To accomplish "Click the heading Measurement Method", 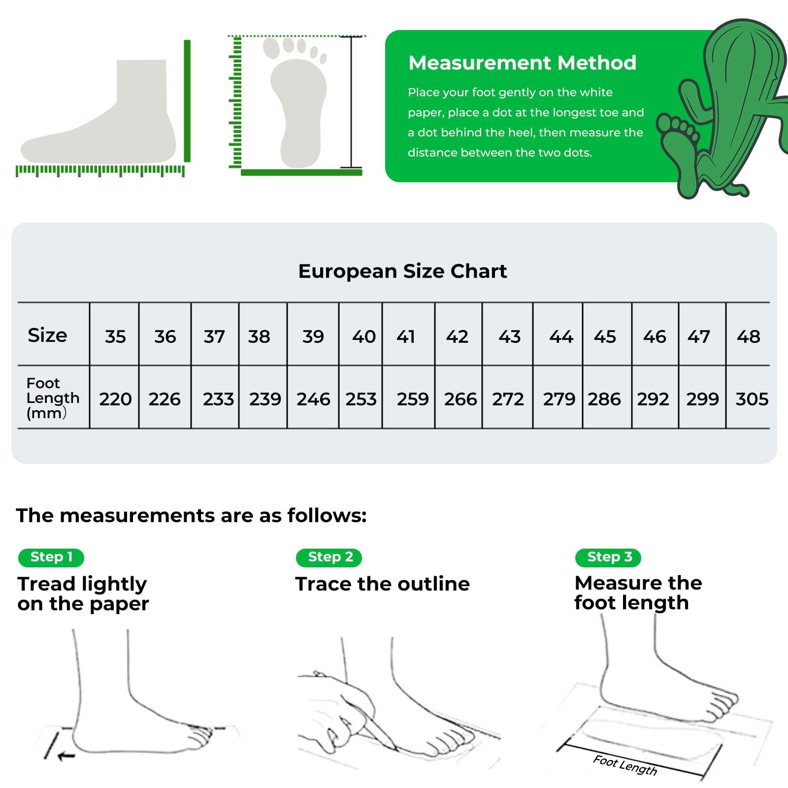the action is (x=522, y=63).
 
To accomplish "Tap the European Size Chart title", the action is (x=402, y=271).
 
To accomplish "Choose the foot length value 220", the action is (x=115, y=399).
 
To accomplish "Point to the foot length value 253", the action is (x=361, y=399).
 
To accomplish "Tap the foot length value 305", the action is (x=752, y=399).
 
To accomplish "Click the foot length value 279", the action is (x=559, y=399).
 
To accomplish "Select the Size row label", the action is (x=47, y=335).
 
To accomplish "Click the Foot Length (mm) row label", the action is (x=53, y=398).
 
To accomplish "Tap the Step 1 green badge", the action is (x=51, y=558).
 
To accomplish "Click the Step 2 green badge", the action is (x=329, y=558).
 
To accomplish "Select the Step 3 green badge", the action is (x=608, y=558).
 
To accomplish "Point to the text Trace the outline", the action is (x=383, y=584).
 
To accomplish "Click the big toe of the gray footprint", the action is (x=271, y=48).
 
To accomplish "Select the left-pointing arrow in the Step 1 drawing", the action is (x=66, y=755).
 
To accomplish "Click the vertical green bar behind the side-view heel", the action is (x=187, y=101).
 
